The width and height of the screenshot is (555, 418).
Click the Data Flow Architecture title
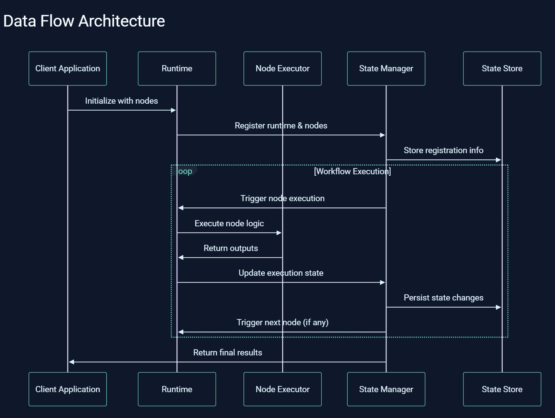[84, 21]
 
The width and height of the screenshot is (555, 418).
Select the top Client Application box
[67, 69]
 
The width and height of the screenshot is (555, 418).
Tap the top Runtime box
[177, 69]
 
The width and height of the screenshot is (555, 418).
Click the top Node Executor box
[283, 69]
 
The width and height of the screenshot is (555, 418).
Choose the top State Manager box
[386, 69]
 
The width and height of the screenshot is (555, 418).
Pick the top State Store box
[502, 69]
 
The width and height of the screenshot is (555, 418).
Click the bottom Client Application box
[67, 389]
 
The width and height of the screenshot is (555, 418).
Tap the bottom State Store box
[502, 389]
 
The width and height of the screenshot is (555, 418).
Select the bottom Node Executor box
[283, 389]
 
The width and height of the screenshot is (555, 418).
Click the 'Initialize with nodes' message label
[121, 101]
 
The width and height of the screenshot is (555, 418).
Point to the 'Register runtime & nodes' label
[281, 126]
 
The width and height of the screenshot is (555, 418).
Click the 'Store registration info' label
[443, 151]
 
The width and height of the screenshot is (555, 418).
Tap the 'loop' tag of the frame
[185, 171]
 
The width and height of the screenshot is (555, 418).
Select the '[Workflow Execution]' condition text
[352, 171]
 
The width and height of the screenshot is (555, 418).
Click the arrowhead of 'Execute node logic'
[279, 233]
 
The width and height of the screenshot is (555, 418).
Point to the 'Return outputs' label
[231, 248]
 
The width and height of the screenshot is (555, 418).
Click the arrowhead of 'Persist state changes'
[498, 307]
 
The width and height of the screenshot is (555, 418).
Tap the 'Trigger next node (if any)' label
[283, 322]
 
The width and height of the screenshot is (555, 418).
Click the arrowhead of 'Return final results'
[72, 362]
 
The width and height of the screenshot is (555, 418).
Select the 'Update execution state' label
[281, 273]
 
